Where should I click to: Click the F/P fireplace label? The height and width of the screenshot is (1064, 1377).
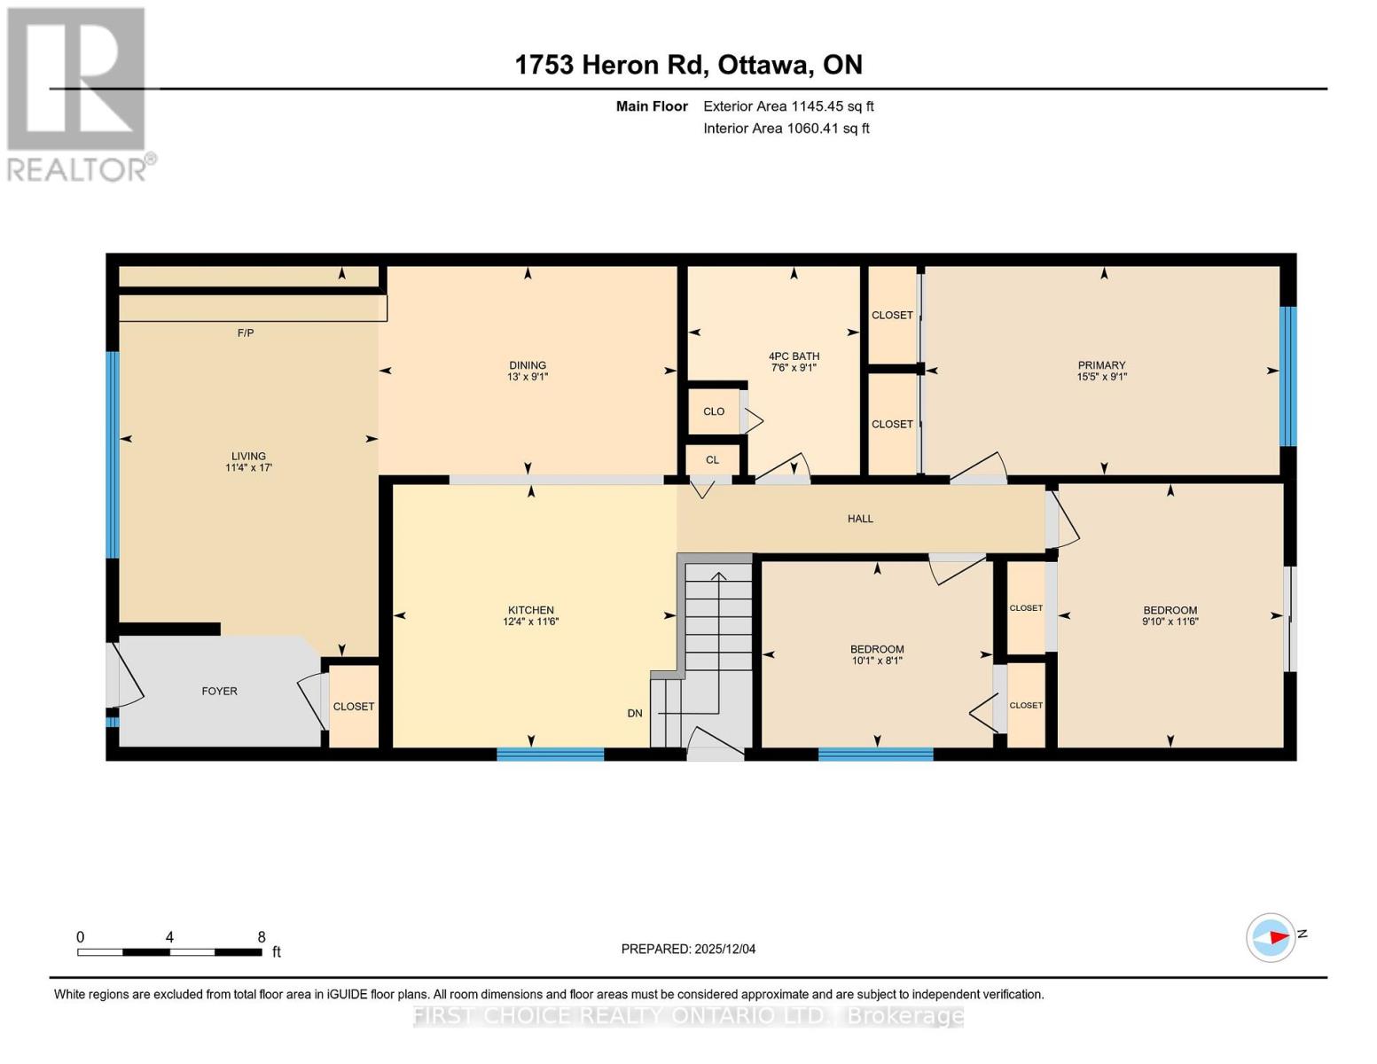point(246,333)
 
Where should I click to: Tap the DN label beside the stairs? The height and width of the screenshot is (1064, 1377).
point(635,713)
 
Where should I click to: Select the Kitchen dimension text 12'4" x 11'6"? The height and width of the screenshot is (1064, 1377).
point(530,622)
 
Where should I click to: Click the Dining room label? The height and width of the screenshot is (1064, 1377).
point(528,365)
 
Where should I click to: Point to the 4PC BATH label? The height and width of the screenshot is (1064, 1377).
point(794,356)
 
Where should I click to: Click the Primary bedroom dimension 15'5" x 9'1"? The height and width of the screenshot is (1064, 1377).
point(1101,377)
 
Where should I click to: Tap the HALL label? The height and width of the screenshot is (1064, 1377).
point(860,519)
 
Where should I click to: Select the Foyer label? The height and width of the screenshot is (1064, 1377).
point(219,691)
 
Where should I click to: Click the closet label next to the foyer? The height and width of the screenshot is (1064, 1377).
point(353,707)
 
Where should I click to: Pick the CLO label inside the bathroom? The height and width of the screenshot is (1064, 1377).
point(714,411)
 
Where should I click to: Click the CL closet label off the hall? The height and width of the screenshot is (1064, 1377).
point(712,460)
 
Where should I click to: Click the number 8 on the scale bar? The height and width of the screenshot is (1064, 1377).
point(262,937)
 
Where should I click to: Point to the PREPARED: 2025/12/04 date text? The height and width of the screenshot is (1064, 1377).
point(688,949)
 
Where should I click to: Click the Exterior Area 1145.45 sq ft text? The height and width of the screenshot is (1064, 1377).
point(788,106)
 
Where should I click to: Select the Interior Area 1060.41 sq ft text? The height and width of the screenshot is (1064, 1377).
point(786,129)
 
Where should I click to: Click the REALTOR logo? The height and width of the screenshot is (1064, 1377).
point(77,93)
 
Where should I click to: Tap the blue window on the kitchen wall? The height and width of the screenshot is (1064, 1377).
point(550,755)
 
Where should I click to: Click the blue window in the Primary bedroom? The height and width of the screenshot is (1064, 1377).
point(1287,376)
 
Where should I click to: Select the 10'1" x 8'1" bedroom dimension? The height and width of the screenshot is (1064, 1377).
point(877,661)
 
